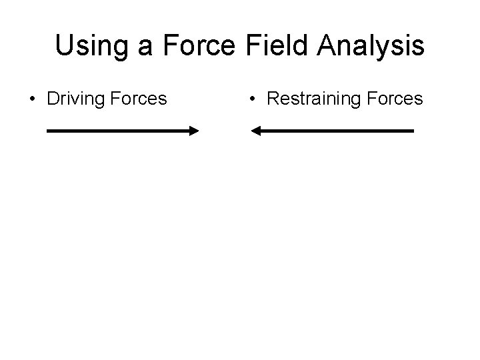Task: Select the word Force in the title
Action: point(200,45)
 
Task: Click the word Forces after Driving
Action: point(136,99)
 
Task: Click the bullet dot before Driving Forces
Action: point(32,101)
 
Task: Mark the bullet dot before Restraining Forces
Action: point(252,101)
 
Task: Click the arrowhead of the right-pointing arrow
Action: point(193,131)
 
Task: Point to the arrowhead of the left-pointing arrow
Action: point(255,131)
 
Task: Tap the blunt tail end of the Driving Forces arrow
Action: point(48,131)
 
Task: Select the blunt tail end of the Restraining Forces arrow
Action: point(413,131)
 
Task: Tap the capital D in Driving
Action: point(53,99)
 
